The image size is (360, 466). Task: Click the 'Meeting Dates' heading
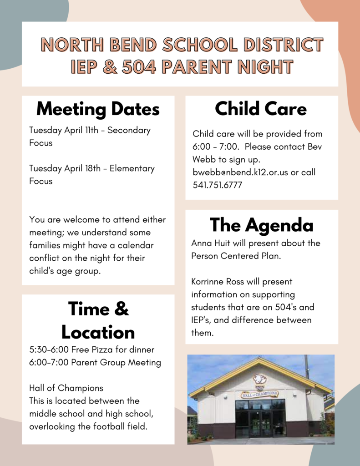coord(98,109)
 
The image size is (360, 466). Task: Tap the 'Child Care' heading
coord(261,108)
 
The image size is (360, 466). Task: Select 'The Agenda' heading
coord(261,225)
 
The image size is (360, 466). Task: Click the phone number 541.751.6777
coord(217,185)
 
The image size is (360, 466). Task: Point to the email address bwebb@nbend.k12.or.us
coord(240,172)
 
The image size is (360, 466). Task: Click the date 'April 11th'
coord(81,130)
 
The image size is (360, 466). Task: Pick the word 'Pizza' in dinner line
coord(102,349)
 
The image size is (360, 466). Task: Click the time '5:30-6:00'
coord(49,349)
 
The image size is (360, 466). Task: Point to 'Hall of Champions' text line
coord(66,388)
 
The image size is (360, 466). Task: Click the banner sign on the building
coord(259,394)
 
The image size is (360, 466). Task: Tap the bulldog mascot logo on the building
coord(259,379)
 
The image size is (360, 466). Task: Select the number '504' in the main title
coord(139,66)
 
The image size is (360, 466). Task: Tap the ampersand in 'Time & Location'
coord(121,309)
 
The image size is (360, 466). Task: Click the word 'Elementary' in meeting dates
coord(132,168)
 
